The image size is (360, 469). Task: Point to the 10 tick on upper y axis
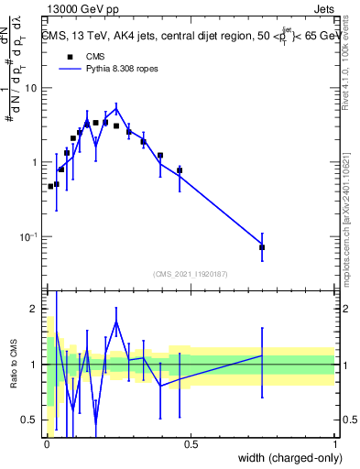coord(32,88)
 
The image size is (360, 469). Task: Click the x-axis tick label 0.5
coord(191,444)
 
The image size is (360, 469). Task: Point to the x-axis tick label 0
coord(46,444)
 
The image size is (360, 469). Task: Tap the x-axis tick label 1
coord(335,444)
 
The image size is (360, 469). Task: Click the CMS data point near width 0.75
coord(262,247)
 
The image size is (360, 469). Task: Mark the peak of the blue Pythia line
coord(116,106)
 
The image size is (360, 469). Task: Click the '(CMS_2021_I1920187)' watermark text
coord(191,273)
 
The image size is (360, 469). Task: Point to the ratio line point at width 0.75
coord(262,354)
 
